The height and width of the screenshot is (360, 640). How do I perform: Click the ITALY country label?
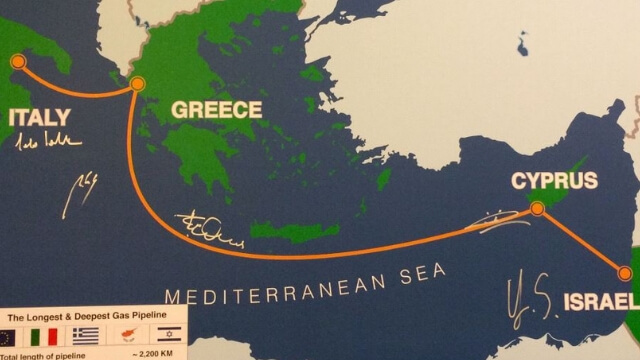pyautogui.click(x=40, y=118)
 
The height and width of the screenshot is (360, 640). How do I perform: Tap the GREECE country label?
pyautogui.click(x=217, y=110)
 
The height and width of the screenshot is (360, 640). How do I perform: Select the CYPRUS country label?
pyautogui.click(x=554, y=181)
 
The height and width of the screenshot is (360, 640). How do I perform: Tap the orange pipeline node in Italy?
pyautogui.click(x=18, y=62)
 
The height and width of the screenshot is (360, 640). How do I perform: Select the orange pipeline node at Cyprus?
pyautogui.click(x=538, y=209)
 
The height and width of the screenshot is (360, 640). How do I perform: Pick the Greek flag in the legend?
pyautogui.click(x=86, y=336)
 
